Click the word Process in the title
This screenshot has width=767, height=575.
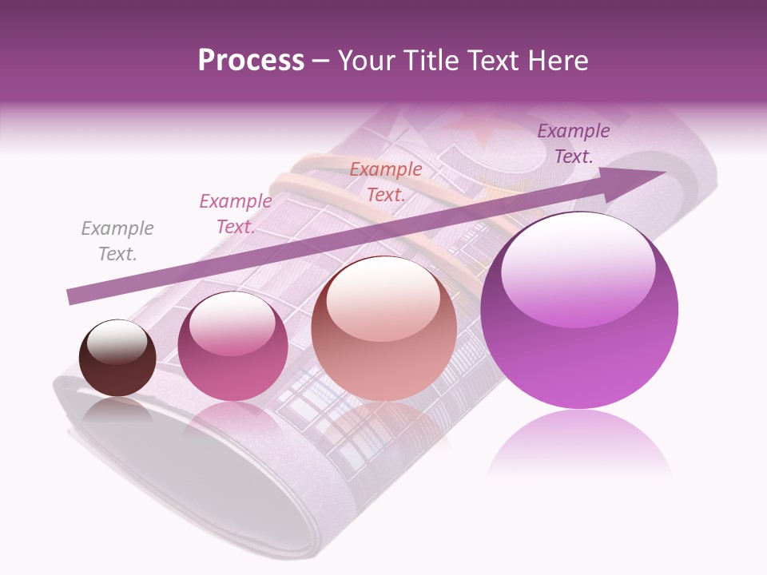point(251,61)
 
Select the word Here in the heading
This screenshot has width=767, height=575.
point(559,61)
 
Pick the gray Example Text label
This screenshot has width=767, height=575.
point(117,241)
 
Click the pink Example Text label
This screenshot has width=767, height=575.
point(235,214)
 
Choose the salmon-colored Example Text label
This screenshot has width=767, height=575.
point(386,182)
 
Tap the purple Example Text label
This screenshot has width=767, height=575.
point(574,144)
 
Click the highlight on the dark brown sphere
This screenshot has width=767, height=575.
point(117,342)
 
